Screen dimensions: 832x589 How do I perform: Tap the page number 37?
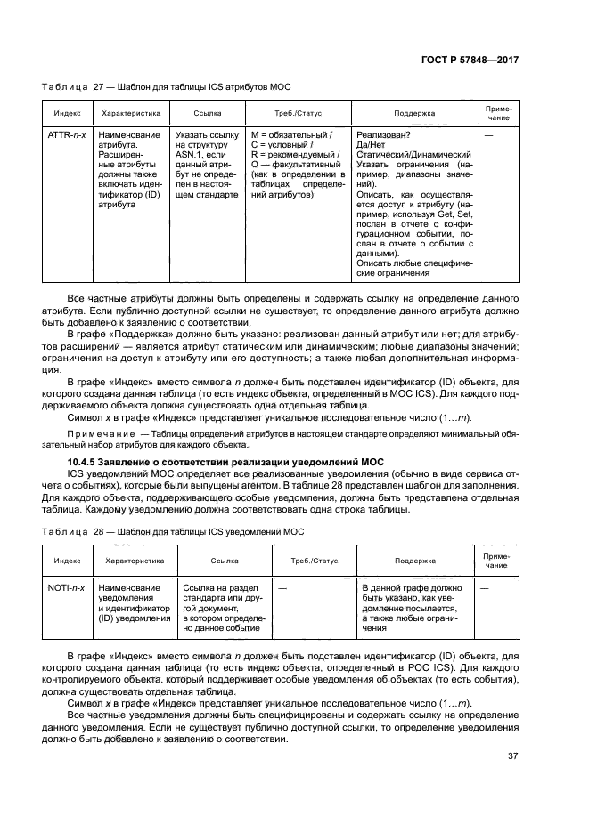[x=512, y=757]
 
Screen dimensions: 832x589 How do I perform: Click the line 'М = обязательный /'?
[x=291, y=135]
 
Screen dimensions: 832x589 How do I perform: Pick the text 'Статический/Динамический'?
[x=411, y=155]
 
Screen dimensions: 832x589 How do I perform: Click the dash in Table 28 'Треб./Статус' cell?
[x=282, y=588]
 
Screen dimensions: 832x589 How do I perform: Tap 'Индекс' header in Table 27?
[x=68, y=114]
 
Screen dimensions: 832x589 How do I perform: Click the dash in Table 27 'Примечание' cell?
[x=488, y=135]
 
